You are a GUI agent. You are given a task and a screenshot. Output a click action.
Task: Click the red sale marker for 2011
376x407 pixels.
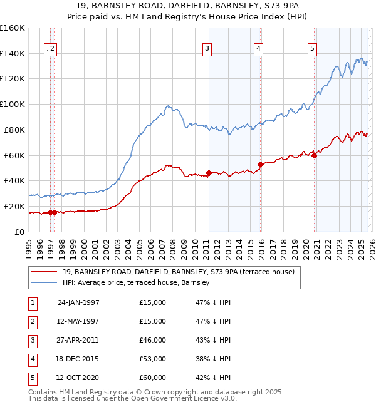(x=209, y=173)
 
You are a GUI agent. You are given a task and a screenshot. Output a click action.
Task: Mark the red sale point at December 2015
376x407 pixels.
(x=260, y=164)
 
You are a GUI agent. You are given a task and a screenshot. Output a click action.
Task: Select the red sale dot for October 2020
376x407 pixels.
(x=314, y=155)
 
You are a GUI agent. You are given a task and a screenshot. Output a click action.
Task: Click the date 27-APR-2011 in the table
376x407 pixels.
(x=78, y=341)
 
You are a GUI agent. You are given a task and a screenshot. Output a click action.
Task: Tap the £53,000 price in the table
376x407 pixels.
(x=153, y=359)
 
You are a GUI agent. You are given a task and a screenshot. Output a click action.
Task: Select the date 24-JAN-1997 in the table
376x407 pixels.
(x=78, y=302)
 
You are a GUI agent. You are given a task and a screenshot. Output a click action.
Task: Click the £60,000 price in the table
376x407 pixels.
(x=153, y=378)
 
